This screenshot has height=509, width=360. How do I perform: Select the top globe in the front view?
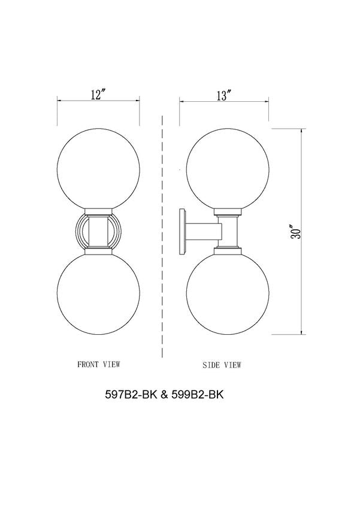point(98,167)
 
